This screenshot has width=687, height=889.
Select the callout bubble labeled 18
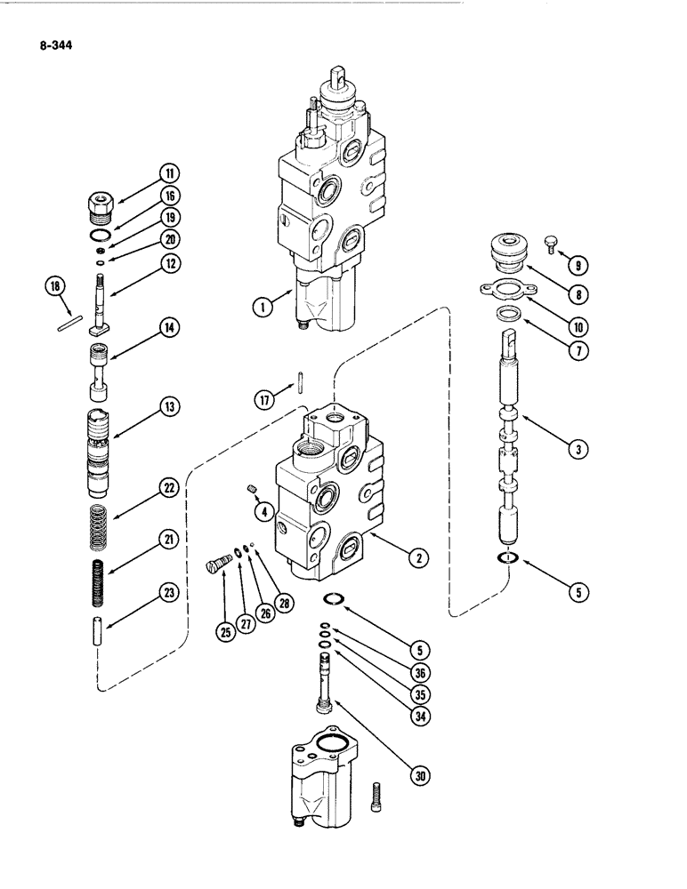[x=55, y=285]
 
